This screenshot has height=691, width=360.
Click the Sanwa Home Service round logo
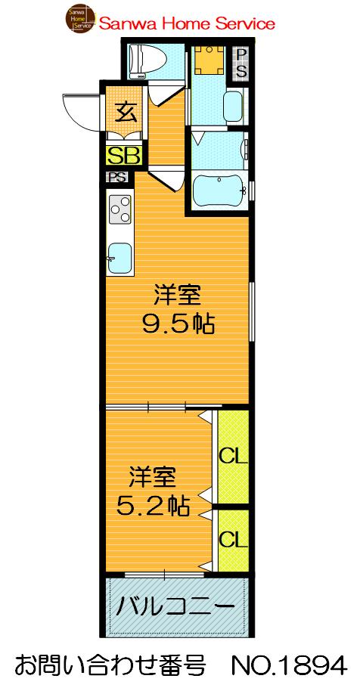(80, 20)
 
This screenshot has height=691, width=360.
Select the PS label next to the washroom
(240, 64)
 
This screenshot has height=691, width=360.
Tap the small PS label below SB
(116, 178)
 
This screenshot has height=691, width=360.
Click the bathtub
(217, 191)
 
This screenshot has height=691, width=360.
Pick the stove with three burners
(119, 208)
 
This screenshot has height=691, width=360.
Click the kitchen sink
(119, 259)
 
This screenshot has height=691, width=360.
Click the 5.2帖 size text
(153, 504)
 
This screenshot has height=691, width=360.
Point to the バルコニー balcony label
(175, 606)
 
